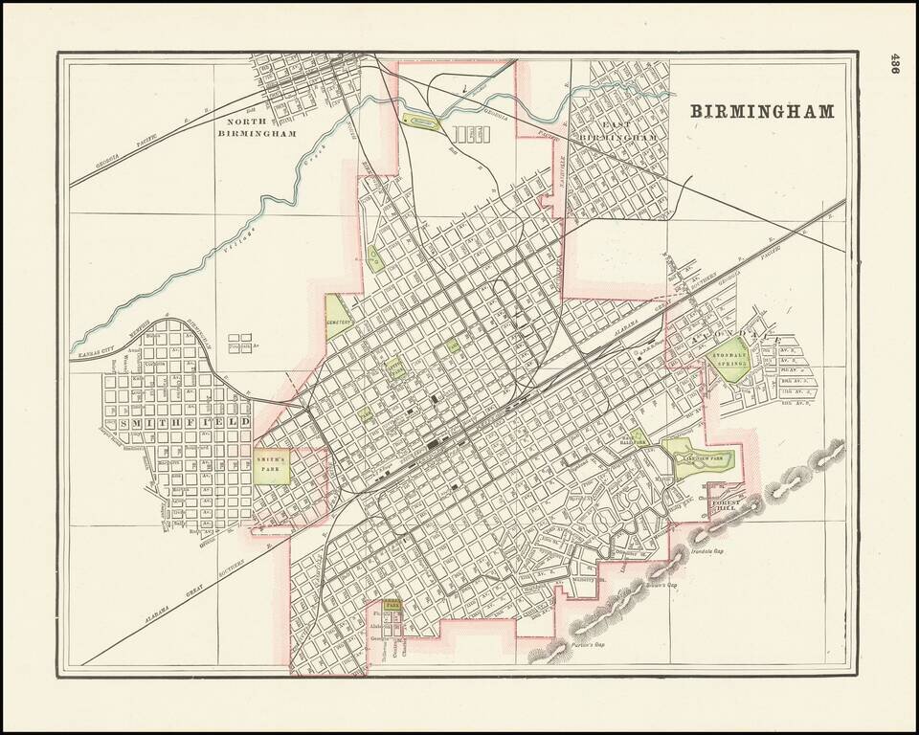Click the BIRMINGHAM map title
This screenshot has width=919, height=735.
[x=763, y=111]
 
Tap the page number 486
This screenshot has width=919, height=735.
[x=897, y=66]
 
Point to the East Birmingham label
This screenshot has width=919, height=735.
[x=617, y=132]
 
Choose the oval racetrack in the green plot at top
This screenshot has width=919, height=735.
[x=421, y=122]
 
